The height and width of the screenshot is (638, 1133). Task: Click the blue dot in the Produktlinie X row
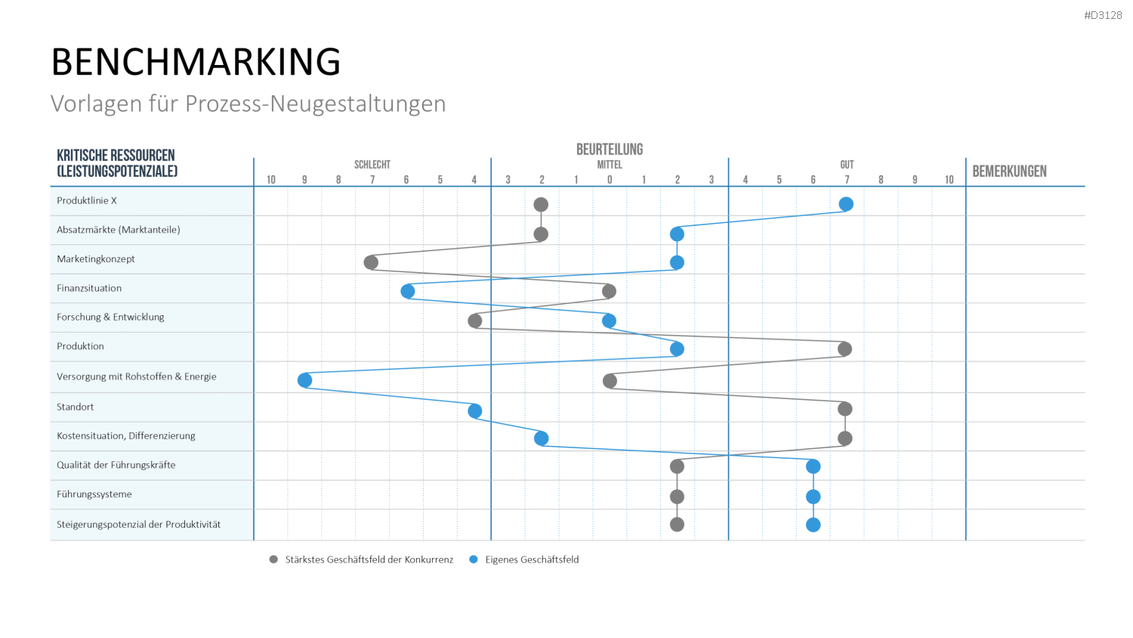846,204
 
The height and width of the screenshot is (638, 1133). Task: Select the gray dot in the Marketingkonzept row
371,262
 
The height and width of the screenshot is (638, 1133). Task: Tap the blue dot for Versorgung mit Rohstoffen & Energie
304,379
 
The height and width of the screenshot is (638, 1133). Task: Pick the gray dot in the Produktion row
844,349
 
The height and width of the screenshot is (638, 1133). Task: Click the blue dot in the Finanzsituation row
408,291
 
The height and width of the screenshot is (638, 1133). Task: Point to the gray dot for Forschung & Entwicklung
474,321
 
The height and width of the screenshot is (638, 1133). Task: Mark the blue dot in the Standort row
474,410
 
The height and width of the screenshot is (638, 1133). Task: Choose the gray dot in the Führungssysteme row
677,497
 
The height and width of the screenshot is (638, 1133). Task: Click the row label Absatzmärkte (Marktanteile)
119,230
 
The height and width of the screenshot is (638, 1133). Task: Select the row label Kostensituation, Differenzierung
126,435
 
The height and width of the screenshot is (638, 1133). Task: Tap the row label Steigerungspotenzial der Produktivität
138,524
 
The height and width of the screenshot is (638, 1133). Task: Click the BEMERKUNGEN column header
1009,172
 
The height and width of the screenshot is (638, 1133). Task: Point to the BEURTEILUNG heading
610,150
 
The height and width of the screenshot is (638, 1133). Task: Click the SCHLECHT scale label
372,165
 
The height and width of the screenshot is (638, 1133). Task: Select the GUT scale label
847,165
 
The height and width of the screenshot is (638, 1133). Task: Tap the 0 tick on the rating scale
610,180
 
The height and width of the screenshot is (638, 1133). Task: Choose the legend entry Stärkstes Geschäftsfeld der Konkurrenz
361,559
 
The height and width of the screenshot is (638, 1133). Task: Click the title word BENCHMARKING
196,62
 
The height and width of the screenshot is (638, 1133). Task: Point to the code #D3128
1103,15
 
